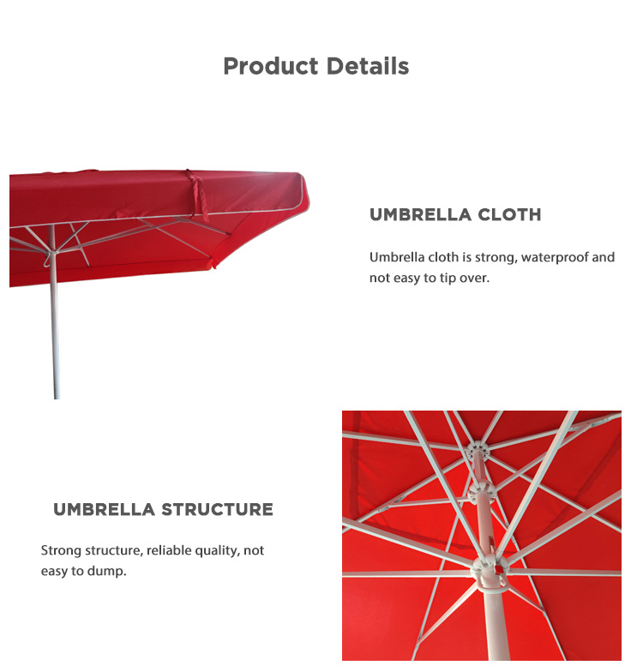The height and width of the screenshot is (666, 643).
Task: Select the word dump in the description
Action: point(107,571)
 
